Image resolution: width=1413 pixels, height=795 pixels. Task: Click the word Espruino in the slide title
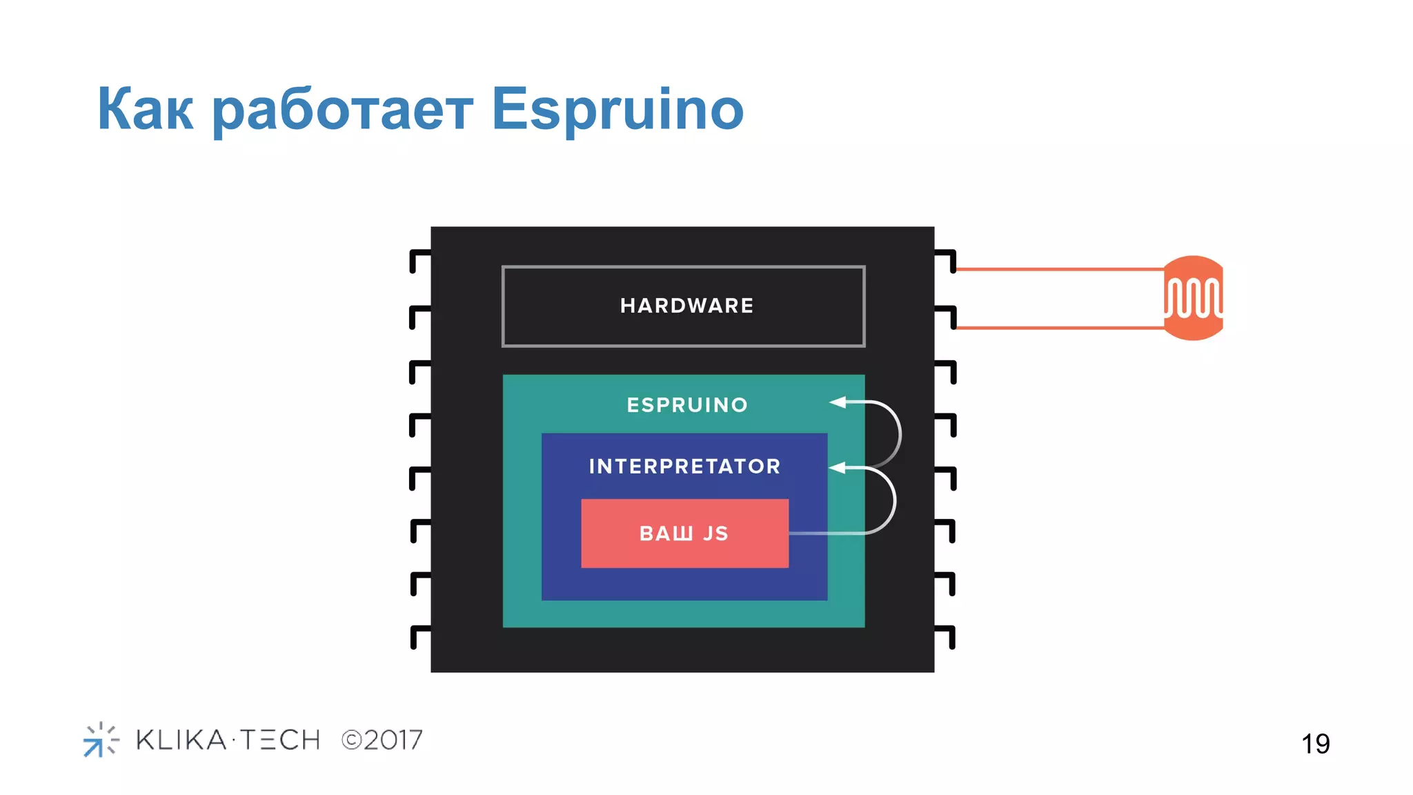pyautogui.click(x=617, y=109)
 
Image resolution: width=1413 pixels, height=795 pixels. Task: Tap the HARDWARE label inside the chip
pyautogui.click(x=686, y=306)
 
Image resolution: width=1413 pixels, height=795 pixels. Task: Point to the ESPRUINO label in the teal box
pyautogui.click(x=687, y=405)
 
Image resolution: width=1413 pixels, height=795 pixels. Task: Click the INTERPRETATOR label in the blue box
pyautogui.click(x=684, y=467)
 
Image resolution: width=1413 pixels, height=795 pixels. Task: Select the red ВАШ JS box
pyautogui.click(x=684, y=533)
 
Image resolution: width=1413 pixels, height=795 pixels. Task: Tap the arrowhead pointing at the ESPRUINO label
pyautogui.click(x=838, y=402)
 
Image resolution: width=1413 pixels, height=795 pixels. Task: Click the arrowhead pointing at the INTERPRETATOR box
pyautogui.click(x=837, y=468)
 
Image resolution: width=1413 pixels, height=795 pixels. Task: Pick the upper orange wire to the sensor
pyautogui.click(x=1059, y=269)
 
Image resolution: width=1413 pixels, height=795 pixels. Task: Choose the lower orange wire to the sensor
pyautogui.click(x=1059, y=328)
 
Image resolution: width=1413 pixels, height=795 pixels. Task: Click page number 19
pyautogui.click(x=1315, y=744)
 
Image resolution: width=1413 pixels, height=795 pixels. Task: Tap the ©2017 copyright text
pyautogui.click(x=382, y=740)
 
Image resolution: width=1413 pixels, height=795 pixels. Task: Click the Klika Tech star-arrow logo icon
pyautogui.click(x=101, y=740)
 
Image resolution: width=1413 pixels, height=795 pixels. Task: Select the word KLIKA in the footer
pyautogui.click(x=181, y=740)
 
